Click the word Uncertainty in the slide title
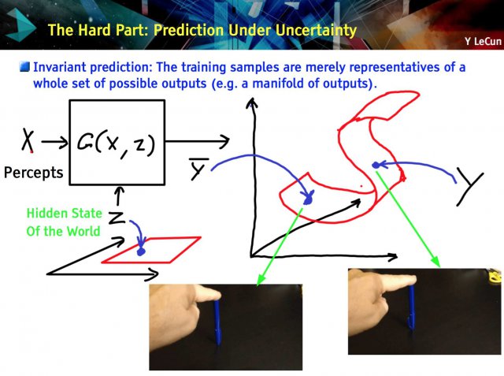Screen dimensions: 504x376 click(316, 31)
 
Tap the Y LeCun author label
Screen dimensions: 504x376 click(483, 41)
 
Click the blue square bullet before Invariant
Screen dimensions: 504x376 click(24, 67)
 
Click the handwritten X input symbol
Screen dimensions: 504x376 click(28, 140)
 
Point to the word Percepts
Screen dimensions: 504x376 click(33, 173)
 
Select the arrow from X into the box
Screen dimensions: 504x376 click(54, 142)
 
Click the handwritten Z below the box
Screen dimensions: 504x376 click(116, 218)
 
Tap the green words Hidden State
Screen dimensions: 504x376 click(64, 214)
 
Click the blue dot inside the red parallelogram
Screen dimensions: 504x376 click(141, 251)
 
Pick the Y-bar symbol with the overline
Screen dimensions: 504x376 click(199, 169)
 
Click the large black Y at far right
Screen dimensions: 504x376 click(470, 187)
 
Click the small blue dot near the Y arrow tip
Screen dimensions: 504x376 click(376, 166)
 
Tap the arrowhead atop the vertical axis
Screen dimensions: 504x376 click(252, 103)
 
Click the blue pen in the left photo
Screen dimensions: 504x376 click(217, 322)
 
